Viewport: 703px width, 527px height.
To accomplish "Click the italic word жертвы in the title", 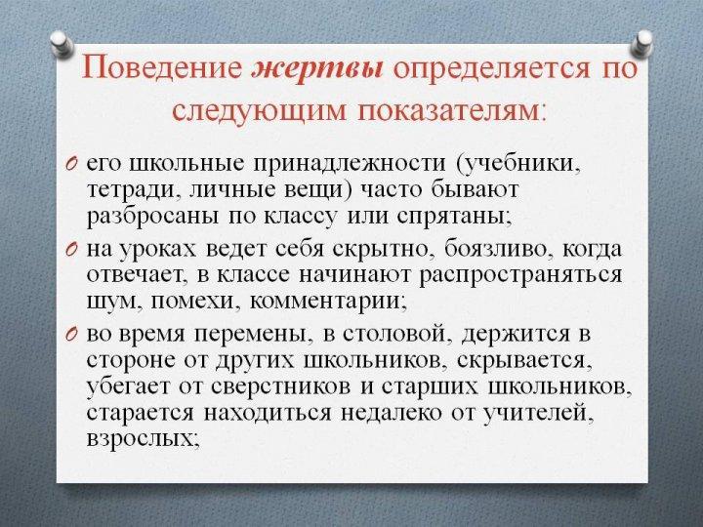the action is (x=318, y=69).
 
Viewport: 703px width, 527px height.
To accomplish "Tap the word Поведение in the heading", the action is (x=162, y=68).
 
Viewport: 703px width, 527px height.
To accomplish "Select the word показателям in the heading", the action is (x=450, y=110).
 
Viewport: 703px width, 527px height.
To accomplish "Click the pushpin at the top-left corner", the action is (x=62, y=44).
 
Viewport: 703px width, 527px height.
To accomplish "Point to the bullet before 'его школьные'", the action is (x=72, y=164).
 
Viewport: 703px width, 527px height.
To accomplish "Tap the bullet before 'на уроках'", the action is (x=72, y=249).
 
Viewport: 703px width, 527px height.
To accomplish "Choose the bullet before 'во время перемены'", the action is (x=72, y=335).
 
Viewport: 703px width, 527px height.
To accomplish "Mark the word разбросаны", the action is (x=152, y=217).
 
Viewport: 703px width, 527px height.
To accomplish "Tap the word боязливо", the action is (x=496, y=249).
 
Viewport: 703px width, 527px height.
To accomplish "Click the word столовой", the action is (x=395, y=335).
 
